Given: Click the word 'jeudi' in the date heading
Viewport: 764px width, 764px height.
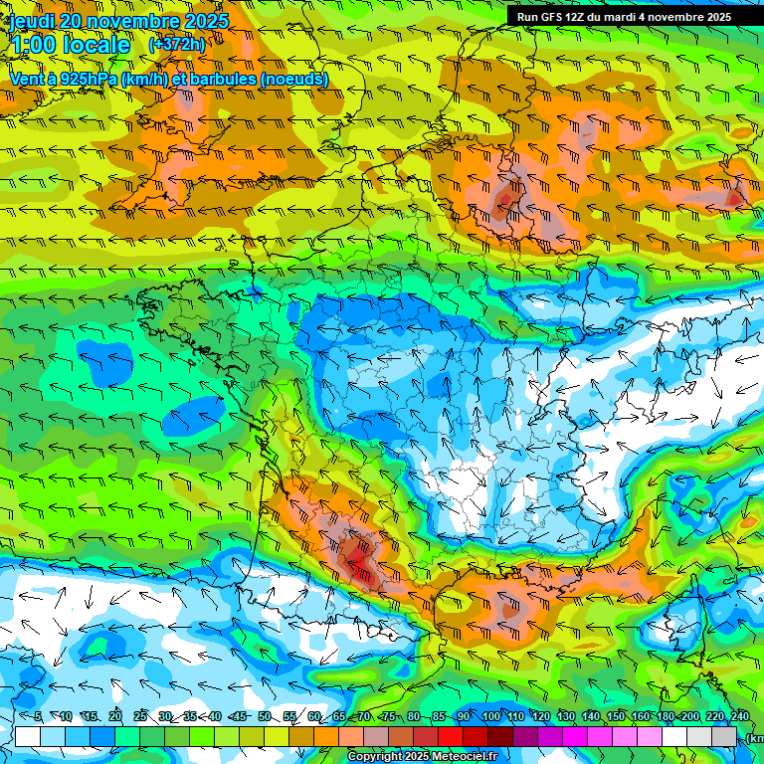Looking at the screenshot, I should pyautogui.click(x=33, y=20).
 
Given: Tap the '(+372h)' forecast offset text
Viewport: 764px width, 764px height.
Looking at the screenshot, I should pyautogui.click(x=177, y=44).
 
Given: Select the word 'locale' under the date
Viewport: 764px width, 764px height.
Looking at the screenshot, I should pyautogui.click(x=96, y=45).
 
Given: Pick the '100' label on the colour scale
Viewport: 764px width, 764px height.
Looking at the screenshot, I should pyautogui.click(x=491, y=716).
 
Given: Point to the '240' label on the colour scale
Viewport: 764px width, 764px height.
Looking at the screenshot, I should pyautogui.click(x=739, y=716).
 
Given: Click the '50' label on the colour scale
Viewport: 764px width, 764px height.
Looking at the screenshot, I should pyautogui.click(x=265, y=716).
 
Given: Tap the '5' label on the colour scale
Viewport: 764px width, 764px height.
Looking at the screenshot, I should pyautogui.click(x=38, y=716).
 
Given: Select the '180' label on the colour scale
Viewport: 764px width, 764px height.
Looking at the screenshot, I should pyautogui.click(x=665, y=716).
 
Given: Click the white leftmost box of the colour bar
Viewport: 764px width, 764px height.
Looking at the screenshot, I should pyautogui.click(x=28, y=736).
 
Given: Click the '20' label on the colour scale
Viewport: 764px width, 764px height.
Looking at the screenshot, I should pyautogui.click(x=115, y=716).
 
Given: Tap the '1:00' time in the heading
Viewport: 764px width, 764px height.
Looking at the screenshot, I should pyautogui.click(x=33, y=45).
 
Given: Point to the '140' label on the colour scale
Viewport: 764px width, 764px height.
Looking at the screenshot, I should pyautogui.click(x=591, y=716).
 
